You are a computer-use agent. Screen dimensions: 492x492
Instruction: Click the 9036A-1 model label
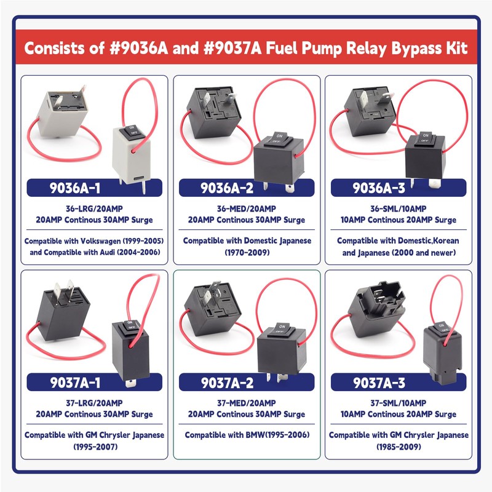pyautogui.click(x=94, y=188)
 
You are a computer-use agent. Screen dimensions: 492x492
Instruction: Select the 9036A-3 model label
pyautogui.click(x=397, y=188)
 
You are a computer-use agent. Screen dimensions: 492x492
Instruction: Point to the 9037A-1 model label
pyautogui.click(x=94, y=383)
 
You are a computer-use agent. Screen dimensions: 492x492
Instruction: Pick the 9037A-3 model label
pyautogui.click(x=397, y=383)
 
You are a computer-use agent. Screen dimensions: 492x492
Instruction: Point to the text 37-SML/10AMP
pyautogui.click(x=399, y=403)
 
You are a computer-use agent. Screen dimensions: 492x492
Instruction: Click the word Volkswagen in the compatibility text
pyautogui.click(x=106, y=240)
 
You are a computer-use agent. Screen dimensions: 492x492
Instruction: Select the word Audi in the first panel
pyautogui.click(x=118, y=252)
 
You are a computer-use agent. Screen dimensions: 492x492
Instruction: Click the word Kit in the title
pyautogui.click(x=454, y=48)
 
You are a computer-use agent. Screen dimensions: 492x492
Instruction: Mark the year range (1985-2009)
pyautogui.click(x=399, y=447)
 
